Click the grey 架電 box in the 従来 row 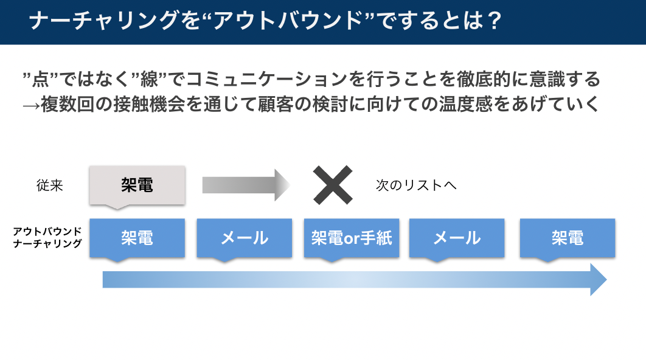coord(137,185)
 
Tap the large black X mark coord(333,185)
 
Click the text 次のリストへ coord(416,185)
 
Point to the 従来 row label coord(50,185)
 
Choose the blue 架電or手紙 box coord(352,238)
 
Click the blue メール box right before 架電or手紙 coord(244,238)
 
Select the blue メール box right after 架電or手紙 coord(457,238)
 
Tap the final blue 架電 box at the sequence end coord(568,238)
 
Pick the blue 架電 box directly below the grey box coord(137,238)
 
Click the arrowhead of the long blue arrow coord(597,280)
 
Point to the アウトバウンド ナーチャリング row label coord(47,238)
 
